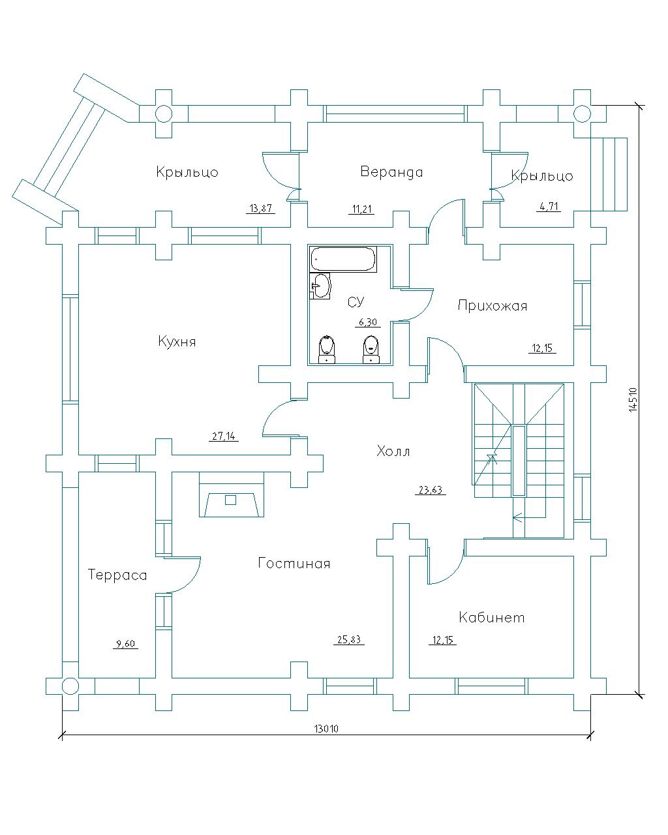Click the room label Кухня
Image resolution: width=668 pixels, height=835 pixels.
click(177, 341)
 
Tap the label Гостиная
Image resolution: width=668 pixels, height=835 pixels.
click(294, 563)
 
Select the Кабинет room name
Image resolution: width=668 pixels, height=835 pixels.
click(491, 617)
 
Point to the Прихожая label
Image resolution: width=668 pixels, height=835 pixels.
click(493, 305)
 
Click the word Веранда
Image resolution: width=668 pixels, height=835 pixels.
click(391, 172)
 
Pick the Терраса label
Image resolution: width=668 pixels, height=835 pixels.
click(117, 575)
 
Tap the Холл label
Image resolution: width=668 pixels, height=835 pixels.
click(393, 451)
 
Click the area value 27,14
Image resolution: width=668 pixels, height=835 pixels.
click(224, 436)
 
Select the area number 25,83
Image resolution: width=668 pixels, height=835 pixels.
click(348, 639)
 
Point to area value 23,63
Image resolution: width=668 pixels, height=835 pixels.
click(430, 490)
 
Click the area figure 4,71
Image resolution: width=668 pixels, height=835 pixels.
click(549, 206)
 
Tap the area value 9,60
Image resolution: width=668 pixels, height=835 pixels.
click(125, 644)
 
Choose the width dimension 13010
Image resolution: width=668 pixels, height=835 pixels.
click(326, 729)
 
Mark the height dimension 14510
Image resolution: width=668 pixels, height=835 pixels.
click(633, 400)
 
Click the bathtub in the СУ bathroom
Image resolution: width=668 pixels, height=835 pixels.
click(343, 259)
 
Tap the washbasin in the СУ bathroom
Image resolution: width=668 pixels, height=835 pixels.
click(320, 286)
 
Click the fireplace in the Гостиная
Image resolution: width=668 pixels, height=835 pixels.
click(232, 494)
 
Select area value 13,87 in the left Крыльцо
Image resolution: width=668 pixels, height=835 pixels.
click(260, 208)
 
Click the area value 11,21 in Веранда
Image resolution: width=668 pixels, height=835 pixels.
click(361, 209)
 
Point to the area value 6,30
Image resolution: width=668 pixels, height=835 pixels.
click(367, 322)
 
